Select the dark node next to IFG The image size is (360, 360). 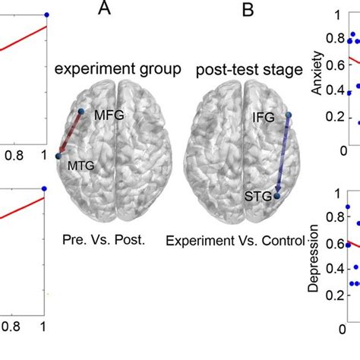click(x=288, y=116)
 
